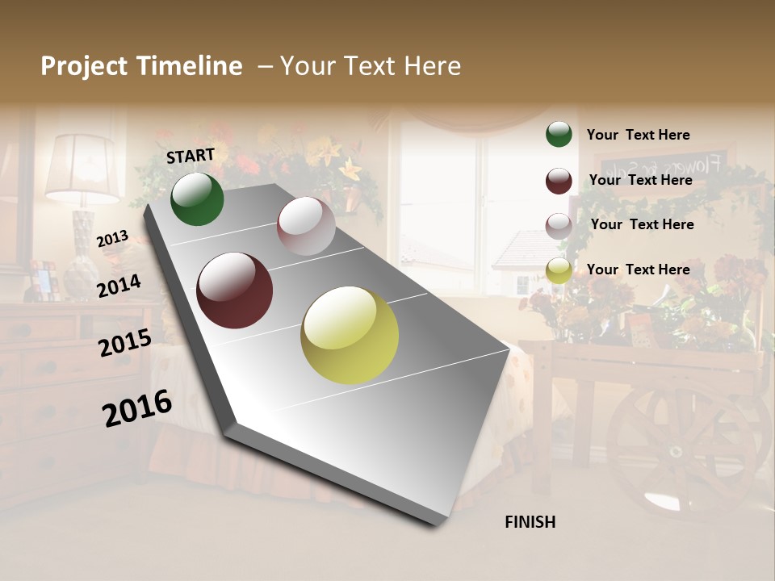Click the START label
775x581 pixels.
[x=191, y=156]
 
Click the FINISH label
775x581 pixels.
[x=530, y=522]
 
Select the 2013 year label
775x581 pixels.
[x=112, y=238]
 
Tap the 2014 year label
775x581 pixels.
[x=119, y=286]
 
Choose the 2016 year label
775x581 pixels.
[x=137, y=408]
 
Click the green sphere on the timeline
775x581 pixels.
[x=197, y=199]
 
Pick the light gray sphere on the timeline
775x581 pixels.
[x=306, y=226]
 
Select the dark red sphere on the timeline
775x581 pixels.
[x=234, y=290]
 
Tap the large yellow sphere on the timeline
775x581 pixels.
[x=350, y=335]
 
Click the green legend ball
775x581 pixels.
[x=559, y=134]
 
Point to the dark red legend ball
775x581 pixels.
[x=559, y=181]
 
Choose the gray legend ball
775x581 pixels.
[x=559, y=226]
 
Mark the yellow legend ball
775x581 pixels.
[x=559, y=271]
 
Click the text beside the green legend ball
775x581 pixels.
[x=638, y=135]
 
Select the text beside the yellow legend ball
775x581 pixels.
[x=638, y=270]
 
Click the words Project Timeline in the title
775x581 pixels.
[x=141, y=66]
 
